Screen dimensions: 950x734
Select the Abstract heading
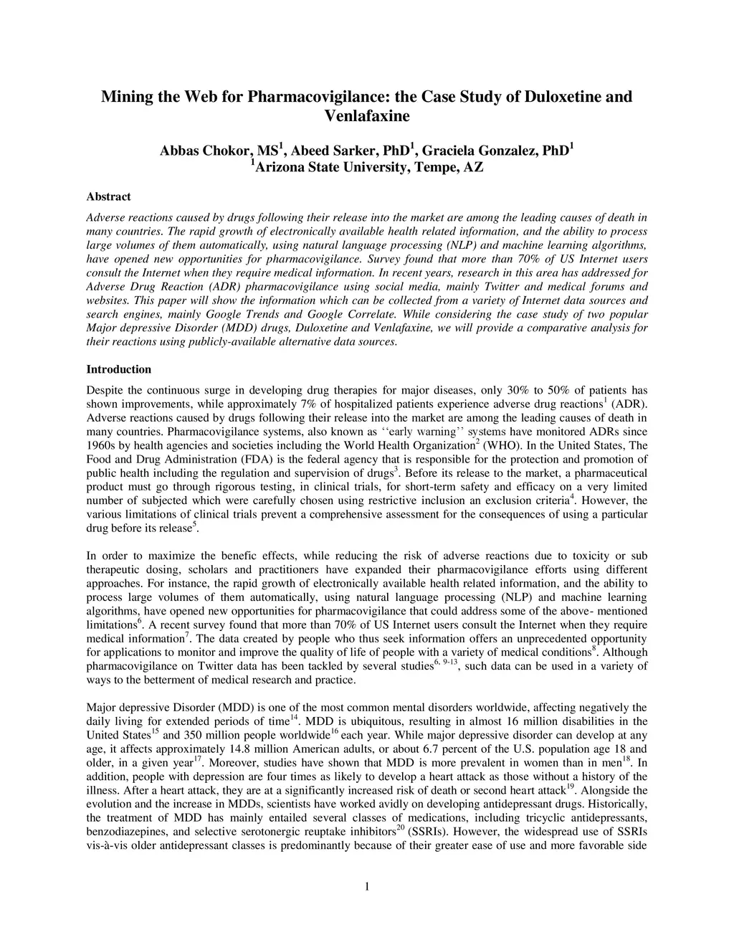point(108,196)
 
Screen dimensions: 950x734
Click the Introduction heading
point(119,370)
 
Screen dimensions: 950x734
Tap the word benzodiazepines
point(126,832)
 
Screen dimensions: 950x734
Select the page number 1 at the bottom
point(367,888)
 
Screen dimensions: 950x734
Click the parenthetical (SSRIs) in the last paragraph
point(429,832)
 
